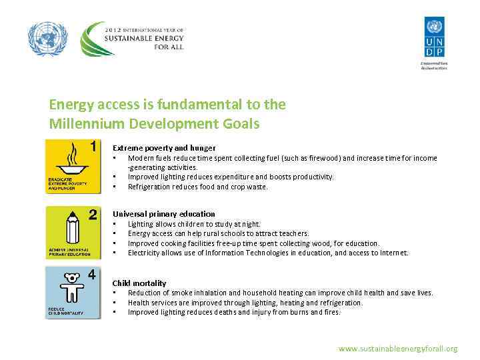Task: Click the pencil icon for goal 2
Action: point(72,229)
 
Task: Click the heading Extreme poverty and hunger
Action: point(164,148)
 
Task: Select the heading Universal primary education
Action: point(164,214)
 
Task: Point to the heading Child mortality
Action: point(139,283)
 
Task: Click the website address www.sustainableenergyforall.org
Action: point(398,349)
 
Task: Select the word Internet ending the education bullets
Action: point(393,253)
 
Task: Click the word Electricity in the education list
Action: point(145,253)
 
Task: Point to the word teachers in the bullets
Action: point(294,234)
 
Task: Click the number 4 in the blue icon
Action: point(92,274)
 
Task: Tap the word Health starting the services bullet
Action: point(139,303)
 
